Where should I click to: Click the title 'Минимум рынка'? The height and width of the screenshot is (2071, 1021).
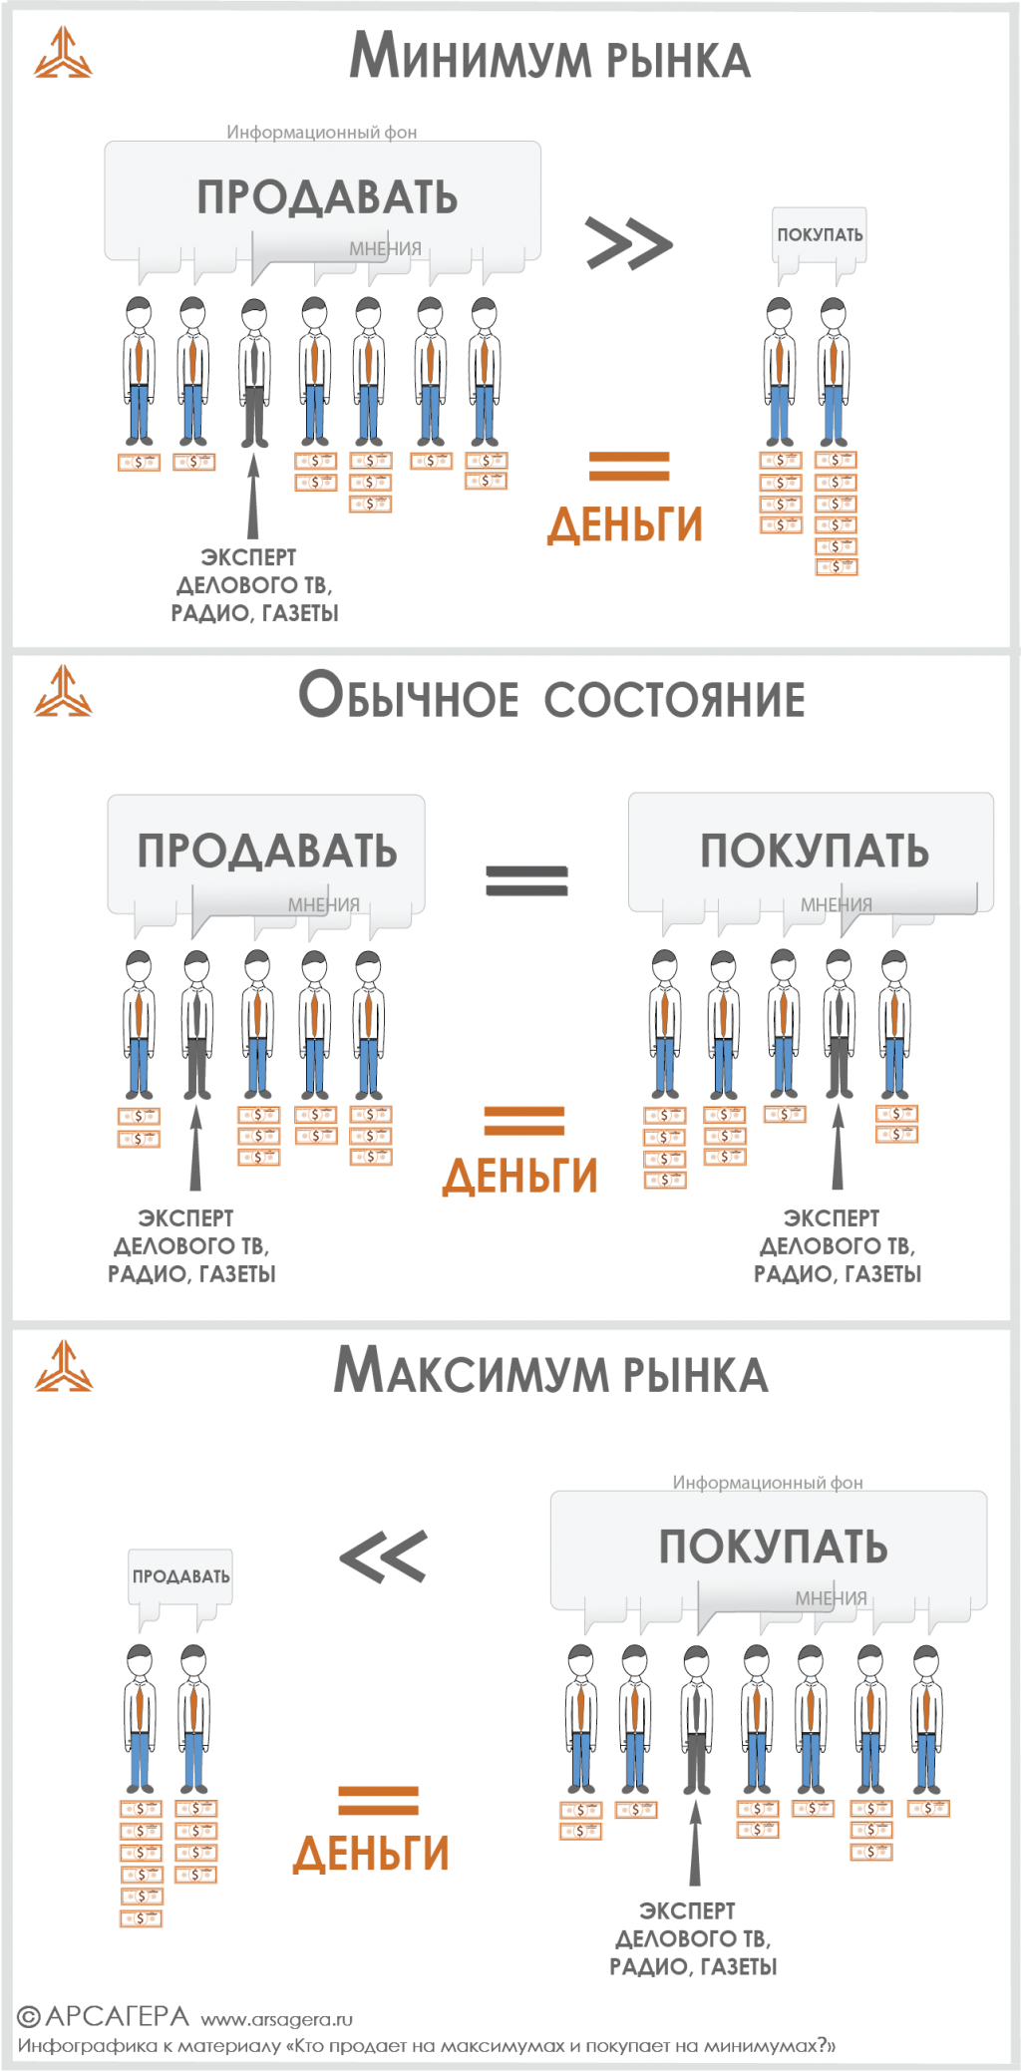pyautogui.click(x=549, y=57)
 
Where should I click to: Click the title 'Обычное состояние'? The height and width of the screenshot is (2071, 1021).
pyautogui.click(x=551, y=696)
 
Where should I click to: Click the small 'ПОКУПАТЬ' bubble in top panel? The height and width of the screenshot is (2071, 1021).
pyautogui.click(x=820, y=235)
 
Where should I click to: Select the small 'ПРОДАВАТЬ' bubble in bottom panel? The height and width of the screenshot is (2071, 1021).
pyautogui.click(x=180, y=1576)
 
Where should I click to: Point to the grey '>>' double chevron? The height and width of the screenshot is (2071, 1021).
pyautogui.click(x=628, y=243)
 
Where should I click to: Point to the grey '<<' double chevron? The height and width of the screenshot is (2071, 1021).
pyautogui.click(x=384, y=1556)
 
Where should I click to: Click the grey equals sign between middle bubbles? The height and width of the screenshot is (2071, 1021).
pyautogui.click(x=526, y=879)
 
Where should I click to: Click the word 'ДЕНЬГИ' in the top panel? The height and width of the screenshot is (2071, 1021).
pyautogui.click(x=624, y=525)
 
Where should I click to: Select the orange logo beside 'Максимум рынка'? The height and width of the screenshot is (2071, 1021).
pyautogui.click(x=63, y=1366)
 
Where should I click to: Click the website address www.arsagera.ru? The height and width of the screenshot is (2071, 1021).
pyautogui.click(x=276, y=2019)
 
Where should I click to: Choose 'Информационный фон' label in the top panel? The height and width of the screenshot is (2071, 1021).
pyautogui.click(x=321, y=132)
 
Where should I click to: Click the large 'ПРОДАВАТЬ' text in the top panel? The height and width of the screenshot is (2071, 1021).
pyautogui.click(x=327, y=197)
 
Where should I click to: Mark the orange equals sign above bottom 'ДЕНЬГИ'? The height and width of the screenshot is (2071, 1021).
pyautogui.click(x=378, y=1800)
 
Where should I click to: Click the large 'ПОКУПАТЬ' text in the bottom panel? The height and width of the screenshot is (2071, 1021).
pyautogui.click(x=773, y=1547)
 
